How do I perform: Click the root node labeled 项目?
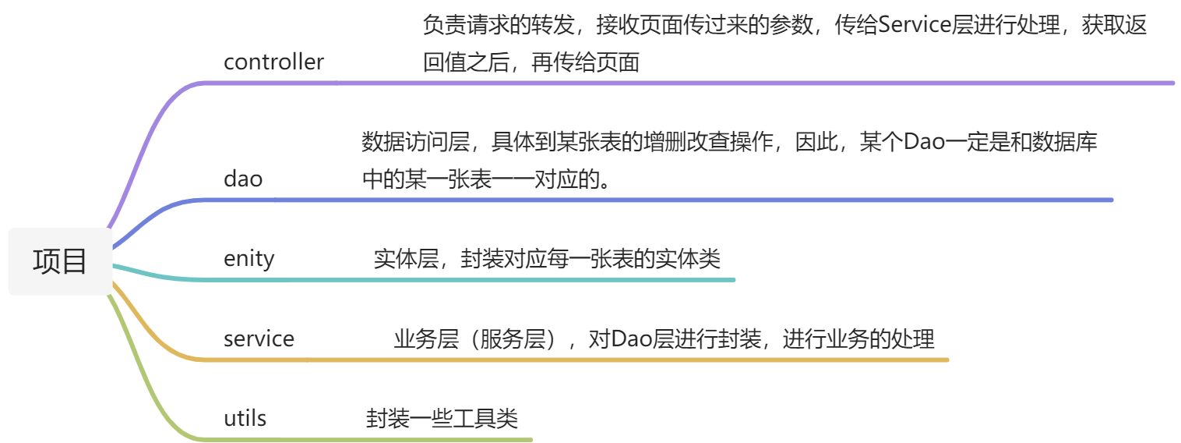pyautogui.click(x=60, y=261)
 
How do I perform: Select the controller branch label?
pyautogui.click(x=273, y=62)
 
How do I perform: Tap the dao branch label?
pyautogui.click(x=243, y=179)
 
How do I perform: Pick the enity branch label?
pyautogui.click(x=249, y=257)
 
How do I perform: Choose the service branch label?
pyautogui.click(x=259, y=338)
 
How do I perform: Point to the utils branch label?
pyautogui.click(x=245, y=418)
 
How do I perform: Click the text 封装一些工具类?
pyautogui.click(x=442, y=419)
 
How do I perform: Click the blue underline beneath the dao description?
pyautogui.click(x=701, y=200)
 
